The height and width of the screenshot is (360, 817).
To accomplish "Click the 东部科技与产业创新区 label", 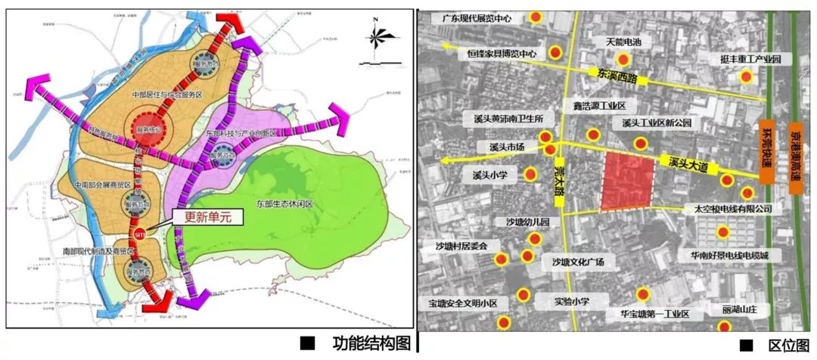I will click(246, 132).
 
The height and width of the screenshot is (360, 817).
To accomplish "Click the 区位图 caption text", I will click(787, 346).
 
